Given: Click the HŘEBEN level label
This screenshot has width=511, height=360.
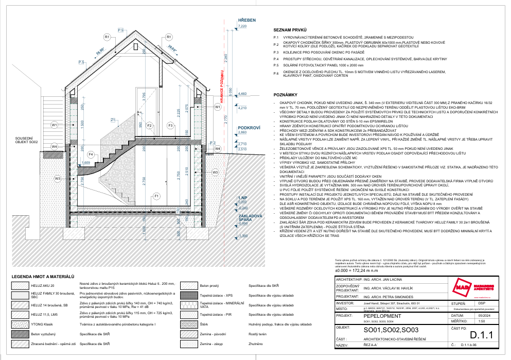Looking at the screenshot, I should (246, 20).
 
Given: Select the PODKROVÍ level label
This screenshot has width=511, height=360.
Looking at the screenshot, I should (246, 128).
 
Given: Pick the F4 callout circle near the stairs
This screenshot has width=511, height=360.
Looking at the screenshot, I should (91, 154).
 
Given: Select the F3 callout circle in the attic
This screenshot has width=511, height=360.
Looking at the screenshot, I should (170, 125).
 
